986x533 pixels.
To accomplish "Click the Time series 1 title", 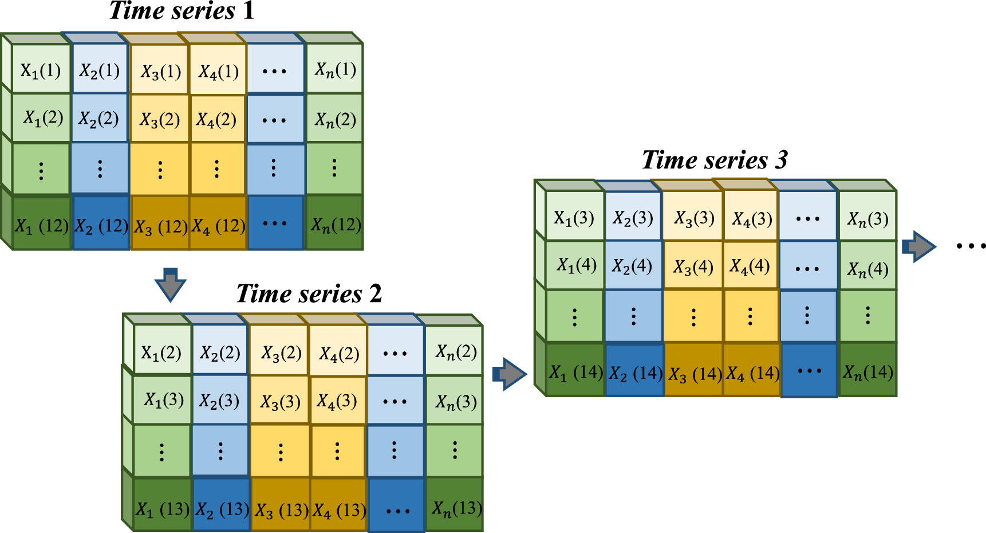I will [182, 11].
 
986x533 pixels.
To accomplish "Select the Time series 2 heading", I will [309, 294].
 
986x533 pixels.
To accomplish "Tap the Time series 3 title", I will [715, 160].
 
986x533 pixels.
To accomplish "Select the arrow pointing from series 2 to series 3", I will [509, 374].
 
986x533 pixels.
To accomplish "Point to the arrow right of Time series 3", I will [918, 246].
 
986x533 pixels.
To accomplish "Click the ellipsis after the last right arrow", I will [971, 246].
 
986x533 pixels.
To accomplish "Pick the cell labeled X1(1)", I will [41, 70].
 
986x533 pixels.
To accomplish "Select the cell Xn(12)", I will [336, 225].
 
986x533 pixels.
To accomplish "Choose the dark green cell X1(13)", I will [163, 508].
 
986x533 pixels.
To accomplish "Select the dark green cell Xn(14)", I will [867, 372].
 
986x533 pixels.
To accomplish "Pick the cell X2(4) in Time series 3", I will [632, 266].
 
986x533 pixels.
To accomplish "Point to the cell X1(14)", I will [575, 372].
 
